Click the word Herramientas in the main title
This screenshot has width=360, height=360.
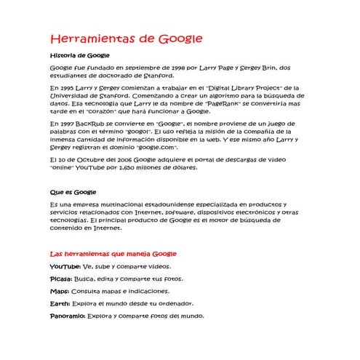click(x=92, y=39)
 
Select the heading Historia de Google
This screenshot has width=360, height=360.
click(x=79, y=55)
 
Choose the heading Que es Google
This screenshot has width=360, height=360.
click(x=73, y=192)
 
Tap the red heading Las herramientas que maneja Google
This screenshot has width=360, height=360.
click(x=113, y=254)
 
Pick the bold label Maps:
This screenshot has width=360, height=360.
click(x=60, y=291)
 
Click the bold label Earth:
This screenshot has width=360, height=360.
click(x=60, y=303)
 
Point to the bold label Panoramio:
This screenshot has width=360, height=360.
click(x=67, y=316)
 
